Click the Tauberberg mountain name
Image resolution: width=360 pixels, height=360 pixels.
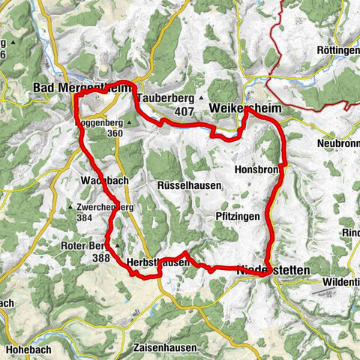pyautogui.click(x=166, y=98)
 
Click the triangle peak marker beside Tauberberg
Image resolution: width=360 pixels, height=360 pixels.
pyautogui.click(x=202, y=98)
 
